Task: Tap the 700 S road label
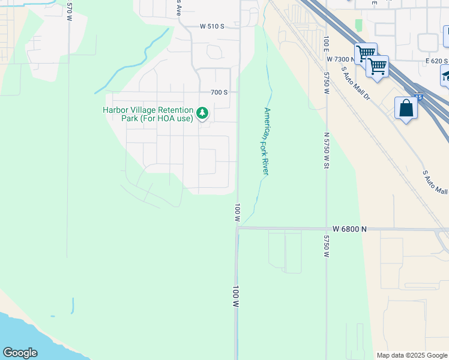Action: (219, 92)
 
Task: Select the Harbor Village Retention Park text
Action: (148, 114)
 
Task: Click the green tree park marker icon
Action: (203, 112)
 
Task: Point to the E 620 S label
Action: (437, 61)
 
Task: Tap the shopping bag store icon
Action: (406, 109)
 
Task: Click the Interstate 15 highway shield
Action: (418, 96)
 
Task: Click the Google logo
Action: (20, 353)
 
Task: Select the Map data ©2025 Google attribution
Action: (412, 355)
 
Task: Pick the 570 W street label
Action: (70, 7)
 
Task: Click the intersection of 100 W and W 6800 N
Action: (237, 228)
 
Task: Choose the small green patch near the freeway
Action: (359, 25)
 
